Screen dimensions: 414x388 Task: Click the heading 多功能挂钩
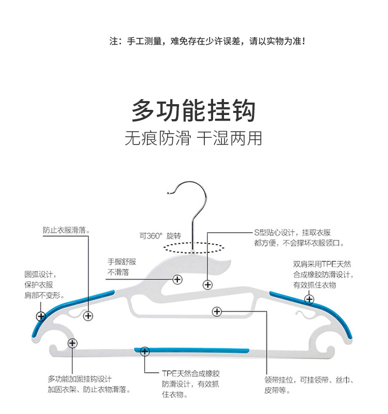point(193,110)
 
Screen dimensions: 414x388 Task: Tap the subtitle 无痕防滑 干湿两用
point(193,139)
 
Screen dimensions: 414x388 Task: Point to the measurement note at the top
point(207,40)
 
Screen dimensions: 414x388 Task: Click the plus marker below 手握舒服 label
point(177,279)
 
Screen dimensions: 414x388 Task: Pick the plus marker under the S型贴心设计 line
point(208,284)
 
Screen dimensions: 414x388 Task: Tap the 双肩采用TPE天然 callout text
point(322,274)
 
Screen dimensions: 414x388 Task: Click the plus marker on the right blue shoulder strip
point(309,298)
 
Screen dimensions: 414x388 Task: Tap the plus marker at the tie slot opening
point(217,311)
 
